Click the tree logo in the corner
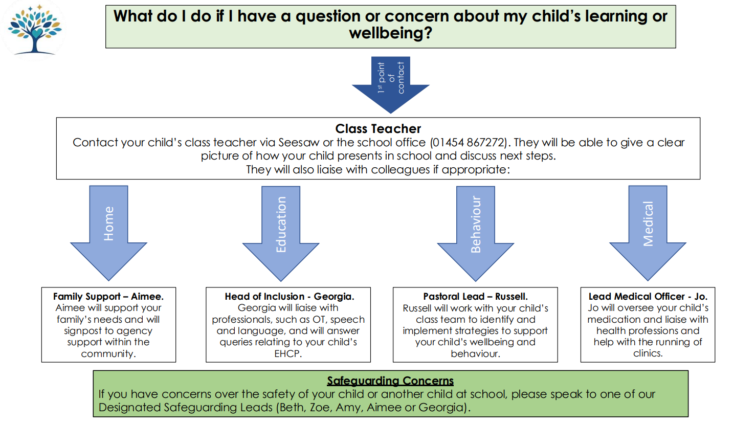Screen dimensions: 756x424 click(x=34, y=30)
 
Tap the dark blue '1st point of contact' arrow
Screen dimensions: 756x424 click(x=390, y=84)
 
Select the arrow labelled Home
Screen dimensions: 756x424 click(x=108, y=233)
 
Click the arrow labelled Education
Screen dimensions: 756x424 click(x=281, y=234)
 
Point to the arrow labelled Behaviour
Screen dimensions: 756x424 click(x=476, y=234)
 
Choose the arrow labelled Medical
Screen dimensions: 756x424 click(x=648, y=233)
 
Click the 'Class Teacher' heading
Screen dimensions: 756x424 click(x=378, y=128)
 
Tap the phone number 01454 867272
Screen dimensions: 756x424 click(x=469, y=143)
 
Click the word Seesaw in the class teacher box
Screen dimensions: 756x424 click(x=299, y=143)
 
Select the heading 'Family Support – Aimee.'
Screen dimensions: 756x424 click(x=108, y=297)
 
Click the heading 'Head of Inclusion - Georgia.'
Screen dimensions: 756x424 click(x=290, y=297)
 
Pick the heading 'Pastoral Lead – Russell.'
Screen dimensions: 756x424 click(x=475, y=297)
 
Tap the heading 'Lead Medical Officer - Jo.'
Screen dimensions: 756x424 click(x=648, y=297)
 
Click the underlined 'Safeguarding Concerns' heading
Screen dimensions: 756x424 click(x=390, y=381)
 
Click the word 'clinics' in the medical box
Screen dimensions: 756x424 click(x=647, y=353)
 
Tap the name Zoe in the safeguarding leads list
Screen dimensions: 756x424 click(x=320, y=408)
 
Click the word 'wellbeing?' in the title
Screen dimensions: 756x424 click(x=390, y=33)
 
